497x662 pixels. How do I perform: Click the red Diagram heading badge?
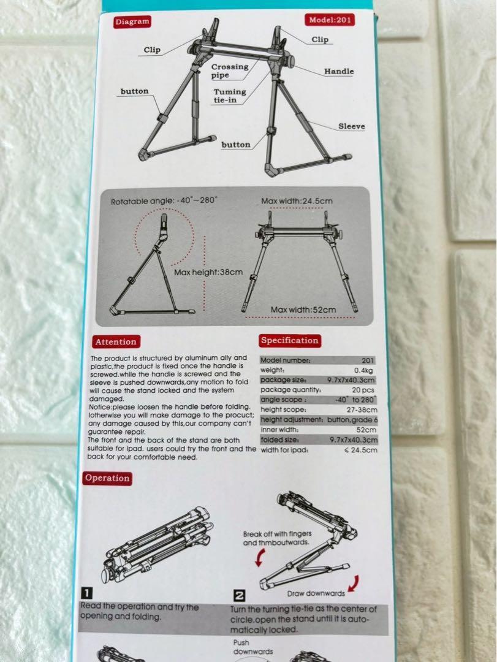point(132,21)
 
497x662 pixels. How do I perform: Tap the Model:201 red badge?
point(330,20)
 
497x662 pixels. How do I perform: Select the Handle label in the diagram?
point(339,71)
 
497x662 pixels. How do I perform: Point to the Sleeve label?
point(351,126)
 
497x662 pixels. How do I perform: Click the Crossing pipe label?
point(230,71)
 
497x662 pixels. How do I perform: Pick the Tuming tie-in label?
point(229,96)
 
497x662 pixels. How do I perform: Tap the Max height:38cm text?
point(208,272)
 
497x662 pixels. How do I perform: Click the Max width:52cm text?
point(303,310)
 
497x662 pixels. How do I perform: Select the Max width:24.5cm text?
point(297,201)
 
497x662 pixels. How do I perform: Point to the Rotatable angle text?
point(164,200)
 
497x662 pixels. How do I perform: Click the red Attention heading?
point(116,342)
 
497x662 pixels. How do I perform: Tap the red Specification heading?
point(290,341)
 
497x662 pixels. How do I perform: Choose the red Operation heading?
point(107,478)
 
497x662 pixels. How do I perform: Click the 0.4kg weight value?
point(363,370)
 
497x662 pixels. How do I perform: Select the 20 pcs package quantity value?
point(363,390)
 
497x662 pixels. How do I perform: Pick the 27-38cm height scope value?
point(362,409)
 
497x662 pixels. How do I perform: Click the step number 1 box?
point(86,593)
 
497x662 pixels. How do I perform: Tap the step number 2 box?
point(239,596)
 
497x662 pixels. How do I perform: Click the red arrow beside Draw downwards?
point(354,583)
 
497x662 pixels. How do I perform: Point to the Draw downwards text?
point(316,593)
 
